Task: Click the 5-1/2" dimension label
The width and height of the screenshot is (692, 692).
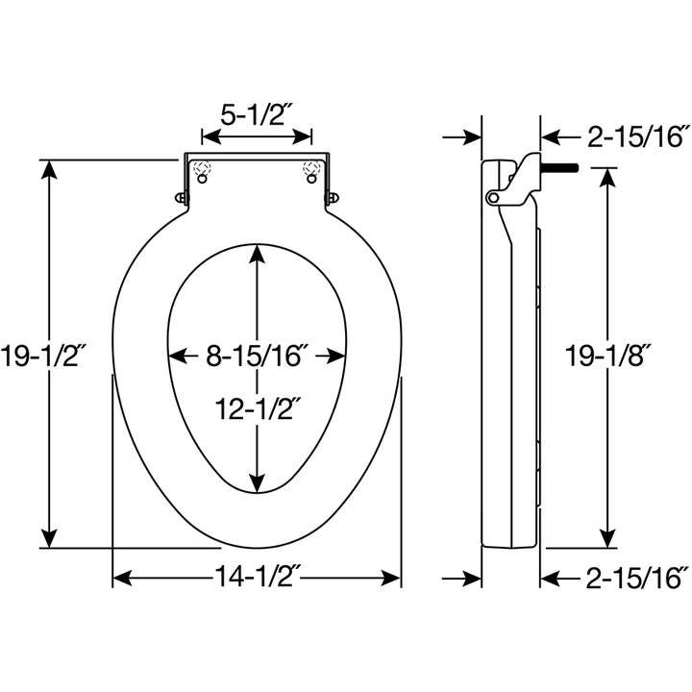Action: (x=257, y=115)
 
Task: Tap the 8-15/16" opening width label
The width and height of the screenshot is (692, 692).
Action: (x=257, y=355)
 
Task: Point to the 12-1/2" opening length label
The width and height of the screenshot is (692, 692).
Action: (x=257, y=408)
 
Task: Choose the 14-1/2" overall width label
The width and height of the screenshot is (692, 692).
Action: (x=257, y=579)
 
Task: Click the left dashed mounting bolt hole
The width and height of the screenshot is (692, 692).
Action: (x=201, y=172)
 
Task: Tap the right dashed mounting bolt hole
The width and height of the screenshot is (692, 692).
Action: (x=311, y=172)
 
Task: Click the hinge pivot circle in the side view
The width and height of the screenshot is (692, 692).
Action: (x=494, y=197)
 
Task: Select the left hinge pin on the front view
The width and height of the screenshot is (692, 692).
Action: (x=182, y=197)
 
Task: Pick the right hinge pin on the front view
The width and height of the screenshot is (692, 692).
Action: (x=333, y=197)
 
